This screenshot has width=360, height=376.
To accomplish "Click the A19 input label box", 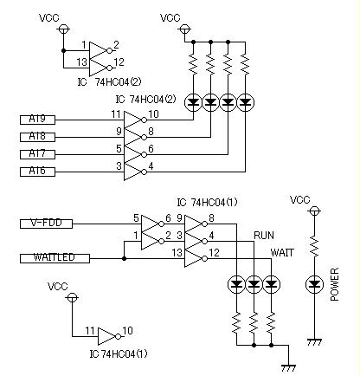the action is click(37, 120).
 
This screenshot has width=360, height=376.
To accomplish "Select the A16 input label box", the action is click(37, 172).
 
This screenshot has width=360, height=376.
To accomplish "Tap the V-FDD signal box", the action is click(46, 224).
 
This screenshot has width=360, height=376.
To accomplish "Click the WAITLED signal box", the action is click(55, 258).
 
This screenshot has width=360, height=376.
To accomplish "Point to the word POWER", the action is click(334, 285).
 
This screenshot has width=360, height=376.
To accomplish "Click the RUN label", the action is click(264, 236).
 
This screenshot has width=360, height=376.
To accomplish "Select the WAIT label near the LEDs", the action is click(282, 253).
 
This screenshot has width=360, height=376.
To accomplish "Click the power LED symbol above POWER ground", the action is click(314, 285).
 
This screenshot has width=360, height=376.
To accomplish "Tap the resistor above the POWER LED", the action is click(314, 246).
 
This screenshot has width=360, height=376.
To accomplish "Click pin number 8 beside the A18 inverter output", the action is click(151, 132).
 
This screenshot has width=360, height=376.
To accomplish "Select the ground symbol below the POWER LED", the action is click(314, 342).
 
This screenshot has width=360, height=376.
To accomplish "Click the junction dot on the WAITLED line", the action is click(124, 258).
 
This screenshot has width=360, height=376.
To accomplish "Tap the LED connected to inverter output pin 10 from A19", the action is click(193, 102).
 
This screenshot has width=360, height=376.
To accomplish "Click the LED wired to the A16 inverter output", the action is click(245, 102).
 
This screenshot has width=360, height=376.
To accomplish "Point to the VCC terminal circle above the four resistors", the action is click(184, 29).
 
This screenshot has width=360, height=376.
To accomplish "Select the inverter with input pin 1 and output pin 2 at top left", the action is click(100, 50).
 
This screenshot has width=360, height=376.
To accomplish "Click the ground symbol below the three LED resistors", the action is click(288, 368).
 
